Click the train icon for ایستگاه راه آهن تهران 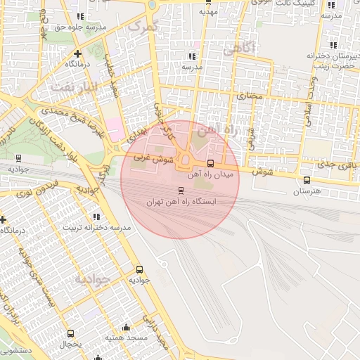(x=180, y=190)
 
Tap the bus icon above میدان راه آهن (x=211, y=163)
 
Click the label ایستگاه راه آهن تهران (x=181, y=201)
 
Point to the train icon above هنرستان (x=306, y=180)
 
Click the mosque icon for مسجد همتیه (x=126, y=327)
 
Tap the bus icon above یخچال (x=70, y=333)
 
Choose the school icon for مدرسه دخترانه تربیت (x=96, y=217)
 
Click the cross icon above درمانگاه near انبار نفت (x=77, y=53)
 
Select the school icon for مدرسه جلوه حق (x=79, y=16)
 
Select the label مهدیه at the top (x=208, y=12)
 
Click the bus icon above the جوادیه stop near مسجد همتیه (x=139, y=269)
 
